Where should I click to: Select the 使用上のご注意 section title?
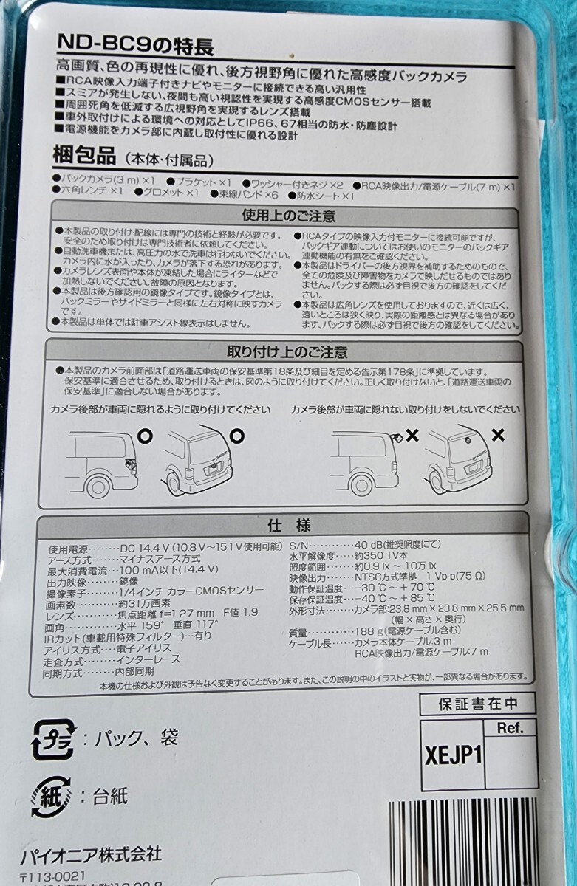(x=288, y=216)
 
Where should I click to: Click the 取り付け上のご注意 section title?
(x=288, y=351)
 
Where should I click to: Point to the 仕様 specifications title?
(x=288, y=526)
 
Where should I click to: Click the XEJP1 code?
(x=454, y=755)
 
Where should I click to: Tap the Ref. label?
(x=510, y=729)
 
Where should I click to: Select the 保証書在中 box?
(x=477, y=704)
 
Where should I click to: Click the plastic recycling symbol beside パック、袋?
(x=52, y=739)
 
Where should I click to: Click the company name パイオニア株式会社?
(x=100, y=855)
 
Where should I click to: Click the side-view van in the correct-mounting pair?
(x=101, y=462)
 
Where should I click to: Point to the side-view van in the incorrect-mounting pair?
(x=364, y=462)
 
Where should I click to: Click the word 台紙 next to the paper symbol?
(x=110, y=796)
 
